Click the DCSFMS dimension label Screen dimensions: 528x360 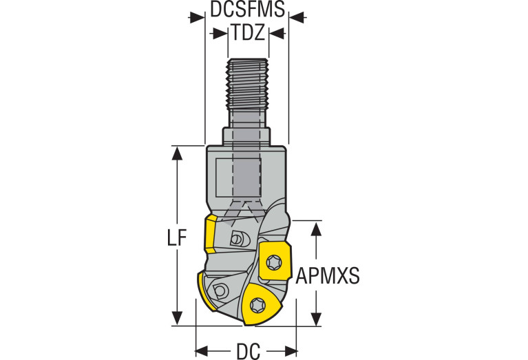[x=248, y=9]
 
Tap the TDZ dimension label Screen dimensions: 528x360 [x=248, y=33]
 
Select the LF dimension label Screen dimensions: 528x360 [x=177, y=237]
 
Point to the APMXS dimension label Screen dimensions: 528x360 [x=328, y=275]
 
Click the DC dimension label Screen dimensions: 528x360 [x=249, y=351]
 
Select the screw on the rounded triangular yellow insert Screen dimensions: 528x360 [x=257, y=306]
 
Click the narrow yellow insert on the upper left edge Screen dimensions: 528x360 [x=211, y=235]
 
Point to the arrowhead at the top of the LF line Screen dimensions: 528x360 [x=177, y=153]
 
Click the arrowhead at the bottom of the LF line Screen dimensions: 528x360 [x=177, y=319]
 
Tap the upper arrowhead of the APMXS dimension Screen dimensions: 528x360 [x=316, y=229]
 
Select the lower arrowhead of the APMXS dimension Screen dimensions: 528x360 [x=316, y=319]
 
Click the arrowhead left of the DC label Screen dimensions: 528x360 [x=202, y=351]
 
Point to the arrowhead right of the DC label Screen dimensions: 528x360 [x=291, y=351]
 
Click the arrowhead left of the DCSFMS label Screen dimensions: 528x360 [x=198, y=17]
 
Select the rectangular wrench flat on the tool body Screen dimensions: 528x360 [x=238, y=178]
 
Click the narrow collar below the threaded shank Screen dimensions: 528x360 [x=246, y=136]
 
